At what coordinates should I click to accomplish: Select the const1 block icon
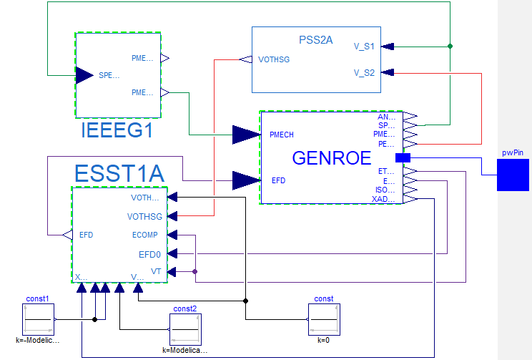point(39,319)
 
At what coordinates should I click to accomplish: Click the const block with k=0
point(323,319)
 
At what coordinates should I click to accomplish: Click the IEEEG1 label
point(118,132)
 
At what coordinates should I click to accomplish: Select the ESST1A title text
point(119,173)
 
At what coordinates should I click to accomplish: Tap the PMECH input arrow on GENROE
point(246,135)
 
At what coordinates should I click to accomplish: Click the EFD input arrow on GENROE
point(246,180)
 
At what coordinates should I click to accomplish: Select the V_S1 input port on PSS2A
point(388,47)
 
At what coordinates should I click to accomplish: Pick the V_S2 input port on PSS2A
point(388,72)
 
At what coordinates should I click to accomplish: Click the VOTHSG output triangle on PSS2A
point(245,59)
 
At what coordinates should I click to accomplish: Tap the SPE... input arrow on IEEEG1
point(84,74)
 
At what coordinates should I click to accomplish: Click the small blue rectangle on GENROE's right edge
point(403,157)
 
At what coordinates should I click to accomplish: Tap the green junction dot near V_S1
point(450,47)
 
